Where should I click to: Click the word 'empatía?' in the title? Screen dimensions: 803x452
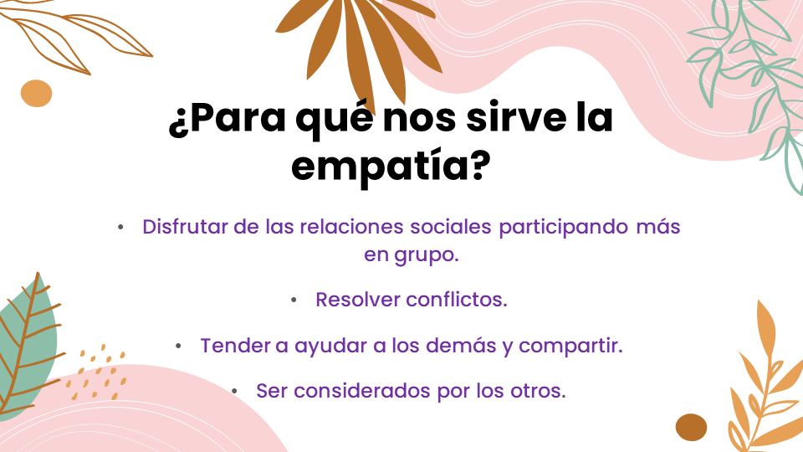[391, 166]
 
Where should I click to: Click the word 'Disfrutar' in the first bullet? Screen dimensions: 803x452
[185, 227]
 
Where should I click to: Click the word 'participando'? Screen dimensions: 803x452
[563, 228]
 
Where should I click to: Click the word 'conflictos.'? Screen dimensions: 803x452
[457, 300]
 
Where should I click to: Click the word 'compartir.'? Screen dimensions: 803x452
[570, 347]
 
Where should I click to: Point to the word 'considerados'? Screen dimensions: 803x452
[361, 391]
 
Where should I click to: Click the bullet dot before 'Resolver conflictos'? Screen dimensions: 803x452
[294, 300]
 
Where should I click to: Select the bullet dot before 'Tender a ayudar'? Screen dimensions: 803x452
[178, 347]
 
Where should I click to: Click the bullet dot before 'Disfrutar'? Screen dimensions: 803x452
[120, 227]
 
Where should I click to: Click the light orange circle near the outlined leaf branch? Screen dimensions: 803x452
[36, 93]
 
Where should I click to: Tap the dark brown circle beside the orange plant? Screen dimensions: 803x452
[692, 428]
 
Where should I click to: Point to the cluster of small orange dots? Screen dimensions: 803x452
[95, 372]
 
